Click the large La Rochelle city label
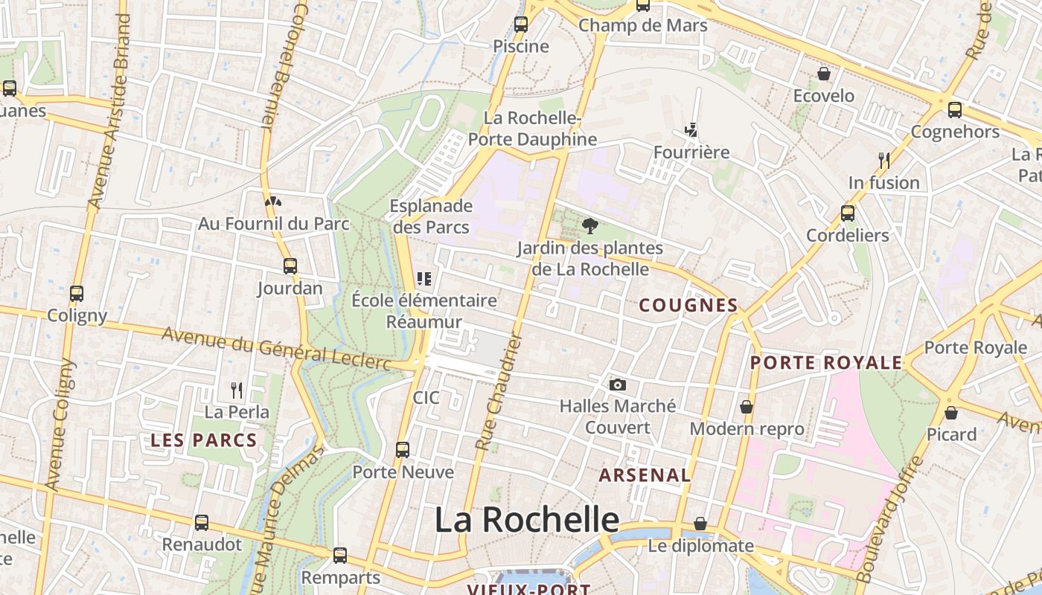[x=527, y=519]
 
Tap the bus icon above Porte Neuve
[x=403, y=449]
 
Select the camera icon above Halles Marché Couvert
[x=617, y=385]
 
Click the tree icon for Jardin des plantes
[x=589, y=225]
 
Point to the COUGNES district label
[x=688, y=305]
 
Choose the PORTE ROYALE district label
[x=825, y=363]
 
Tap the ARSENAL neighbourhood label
[x=645, y=475]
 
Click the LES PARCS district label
[x=204, y=440]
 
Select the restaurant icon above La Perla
[x=237, y=390]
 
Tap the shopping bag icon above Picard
[x=951, y=412]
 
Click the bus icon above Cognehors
[x=954, y=110]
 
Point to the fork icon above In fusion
[x=883, y=160]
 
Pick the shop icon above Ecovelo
[x=824, y=74]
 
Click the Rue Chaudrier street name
[x=499, y=392]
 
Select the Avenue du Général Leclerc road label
[x=276, y=348]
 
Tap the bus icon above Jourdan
[x=290, y=266]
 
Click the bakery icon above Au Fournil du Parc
[x=273, y=201]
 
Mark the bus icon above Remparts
[x=340, y=555]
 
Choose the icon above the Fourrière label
[x=691, y=130]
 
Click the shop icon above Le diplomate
[x=700, y=524]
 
